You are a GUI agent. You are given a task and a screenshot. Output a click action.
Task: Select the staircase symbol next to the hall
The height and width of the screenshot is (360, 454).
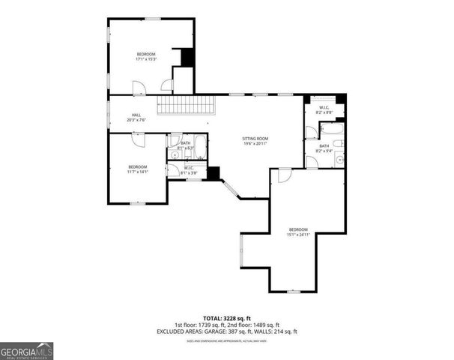tap(186, 104)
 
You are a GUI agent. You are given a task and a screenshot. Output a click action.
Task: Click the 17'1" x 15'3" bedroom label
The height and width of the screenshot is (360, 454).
tap(145, 56)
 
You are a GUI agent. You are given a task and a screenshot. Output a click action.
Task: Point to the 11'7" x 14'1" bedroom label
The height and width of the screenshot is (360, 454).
tap(137, 169)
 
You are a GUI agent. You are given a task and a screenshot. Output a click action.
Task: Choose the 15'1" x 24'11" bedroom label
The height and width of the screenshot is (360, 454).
tap(299, 232)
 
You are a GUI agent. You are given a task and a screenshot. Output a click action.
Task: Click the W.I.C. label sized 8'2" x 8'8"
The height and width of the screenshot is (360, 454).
tap(324, 109)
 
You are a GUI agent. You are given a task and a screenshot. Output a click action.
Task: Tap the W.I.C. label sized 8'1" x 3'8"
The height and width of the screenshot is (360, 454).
tap(189, 170)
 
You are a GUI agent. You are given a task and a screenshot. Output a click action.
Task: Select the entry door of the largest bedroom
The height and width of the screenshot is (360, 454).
tap(284, 175)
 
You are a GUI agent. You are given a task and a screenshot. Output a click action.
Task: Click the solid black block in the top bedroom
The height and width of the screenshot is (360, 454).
tap(187, 57)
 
